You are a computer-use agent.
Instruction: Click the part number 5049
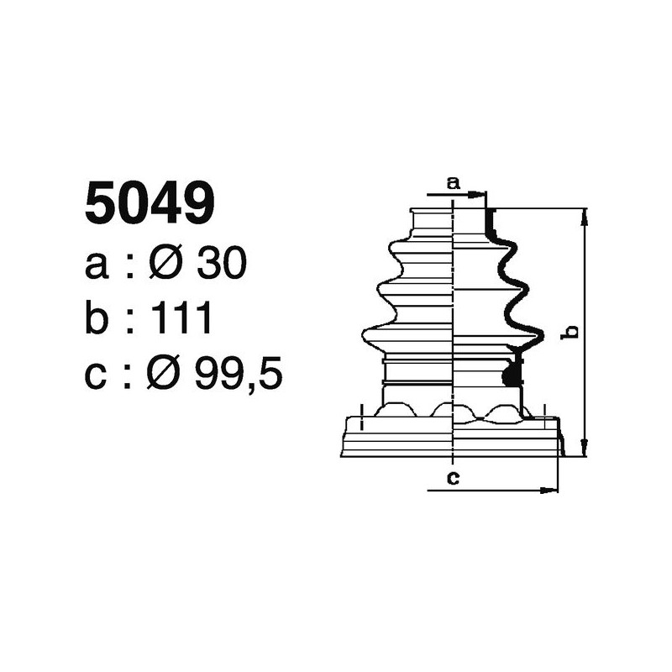click(x=150, y=204)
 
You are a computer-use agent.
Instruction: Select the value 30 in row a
click(x=221, y=265)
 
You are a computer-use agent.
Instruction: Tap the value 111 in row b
click(x=181, y=320)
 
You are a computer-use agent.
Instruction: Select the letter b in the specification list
click(x=98, y=320)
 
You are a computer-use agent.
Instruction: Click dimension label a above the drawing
click(x=453, y=182)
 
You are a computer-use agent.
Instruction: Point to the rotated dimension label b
click(x=571, y=332)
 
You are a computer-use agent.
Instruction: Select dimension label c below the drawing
click(x=453, y=479)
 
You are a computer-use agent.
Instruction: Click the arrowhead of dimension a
click(x=480, y=195)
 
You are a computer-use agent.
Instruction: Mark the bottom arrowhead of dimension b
click(x=585, y=449)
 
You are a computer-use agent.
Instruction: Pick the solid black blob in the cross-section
click(x=509, y=376)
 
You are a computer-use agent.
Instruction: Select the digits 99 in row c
click(x=218, y=375)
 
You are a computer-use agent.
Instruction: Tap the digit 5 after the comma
click(x=269, y=375)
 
